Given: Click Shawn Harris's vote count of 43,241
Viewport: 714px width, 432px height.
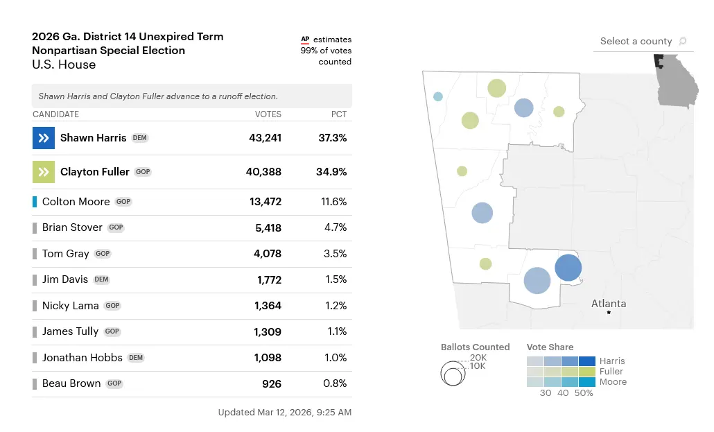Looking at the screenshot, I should coord(265,138).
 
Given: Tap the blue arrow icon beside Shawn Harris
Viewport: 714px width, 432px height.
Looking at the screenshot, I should coord(43,138).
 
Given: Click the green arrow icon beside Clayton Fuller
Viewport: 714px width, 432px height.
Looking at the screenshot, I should coord(43,172).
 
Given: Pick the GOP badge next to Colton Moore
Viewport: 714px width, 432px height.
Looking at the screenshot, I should coord(123,202).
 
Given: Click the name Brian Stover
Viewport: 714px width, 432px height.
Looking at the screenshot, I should coord(72,227).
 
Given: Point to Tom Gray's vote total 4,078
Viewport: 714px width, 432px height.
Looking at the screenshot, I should coord(268,254).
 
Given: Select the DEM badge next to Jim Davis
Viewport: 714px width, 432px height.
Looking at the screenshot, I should coord(101,279).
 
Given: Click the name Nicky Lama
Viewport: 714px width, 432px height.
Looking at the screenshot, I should coord(70,306).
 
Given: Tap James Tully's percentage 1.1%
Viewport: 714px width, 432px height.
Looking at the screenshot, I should coord(337,331).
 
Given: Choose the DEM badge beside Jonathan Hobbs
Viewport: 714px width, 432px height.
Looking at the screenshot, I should coord(136,358).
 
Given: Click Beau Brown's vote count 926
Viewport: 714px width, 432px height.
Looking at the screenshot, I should coord(271,383).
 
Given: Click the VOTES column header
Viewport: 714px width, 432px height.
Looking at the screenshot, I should coord(268,114).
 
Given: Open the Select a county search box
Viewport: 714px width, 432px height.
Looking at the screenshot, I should coord(643,42).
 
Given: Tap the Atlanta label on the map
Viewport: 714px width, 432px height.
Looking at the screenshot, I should coord(609,304).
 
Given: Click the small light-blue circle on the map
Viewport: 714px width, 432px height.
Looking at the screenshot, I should coord(437,96).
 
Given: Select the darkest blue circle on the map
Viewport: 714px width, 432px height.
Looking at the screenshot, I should coord(568,268).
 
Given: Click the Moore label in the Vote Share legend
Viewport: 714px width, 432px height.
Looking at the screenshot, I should coord(613,382).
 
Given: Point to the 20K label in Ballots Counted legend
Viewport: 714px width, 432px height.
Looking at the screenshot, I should coord(478,357).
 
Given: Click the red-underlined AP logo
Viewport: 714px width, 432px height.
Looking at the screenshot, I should coord(304,40).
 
